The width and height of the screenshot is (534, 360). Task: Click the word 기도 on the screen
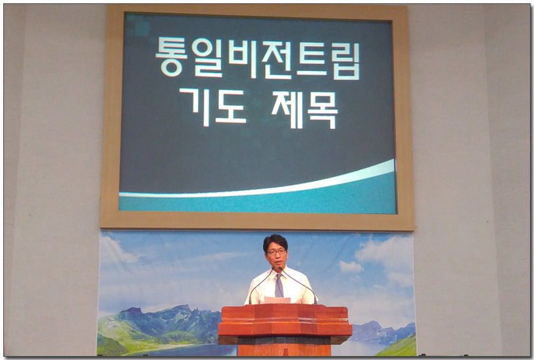(x=213, y=107)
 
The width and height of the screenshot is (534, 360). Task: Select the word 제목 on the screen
(x=304, y=109)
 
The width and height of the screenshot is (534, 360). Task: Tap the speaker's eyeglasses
(x=276, y=252)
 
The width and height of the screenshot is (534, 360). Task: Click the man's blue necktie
(x=279, y=286)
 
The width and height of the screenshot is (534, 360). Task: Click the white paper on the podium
(x=278, y=300)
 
